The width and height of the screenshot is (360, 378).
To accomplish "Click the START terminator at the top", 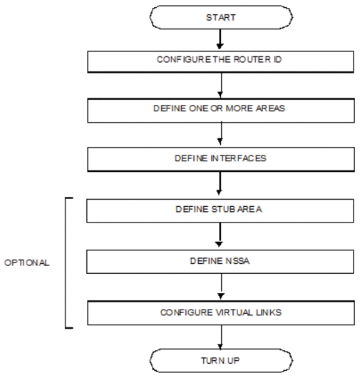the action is [221, 17].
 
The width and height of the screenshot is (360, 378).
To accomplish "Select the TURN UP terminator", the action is [221, 360].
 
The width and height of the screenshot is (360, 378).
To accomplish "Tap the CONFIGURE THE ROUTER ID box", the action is [220, 62].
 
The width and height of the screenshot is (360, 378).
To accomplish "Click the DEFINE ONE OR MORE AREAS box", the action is [221, 111].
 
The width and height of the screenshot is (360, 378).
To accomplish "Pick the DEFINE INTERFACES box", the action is [221, 159].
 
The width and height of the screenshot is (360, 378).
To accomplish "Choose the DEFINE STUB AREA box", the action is [220, 210].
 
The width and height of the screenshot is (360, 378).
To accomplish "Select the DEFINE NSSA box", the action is [220, 262].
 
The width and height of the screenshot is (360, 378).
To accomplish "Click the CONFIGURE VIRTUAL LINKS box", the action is [221, 313].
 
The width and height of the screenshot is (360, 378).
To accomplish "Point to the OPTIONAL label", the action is [27, 262].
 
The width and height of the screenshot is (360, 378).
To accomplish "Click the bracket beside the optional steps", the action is [66, 262].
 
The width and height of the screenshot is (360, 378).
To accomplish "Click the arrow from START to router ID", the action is [220, 39].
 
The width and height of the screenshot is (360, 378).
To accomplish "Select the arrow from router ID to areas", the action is [221, 86].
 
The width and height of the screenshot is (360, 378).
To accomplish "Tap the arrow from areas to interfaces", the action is [221, 134].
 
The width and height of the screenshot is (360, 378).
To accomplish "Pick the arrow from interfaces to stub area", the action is [220, 183].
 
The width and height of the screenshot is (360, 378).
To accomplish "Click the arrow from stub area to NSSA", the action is [220, 235].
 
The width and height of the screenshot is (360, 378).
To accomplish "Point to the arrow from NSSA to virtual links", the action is [221, 287].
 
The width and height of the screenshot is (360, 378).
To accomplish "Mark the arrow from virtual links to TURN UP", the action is [221, 337].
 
